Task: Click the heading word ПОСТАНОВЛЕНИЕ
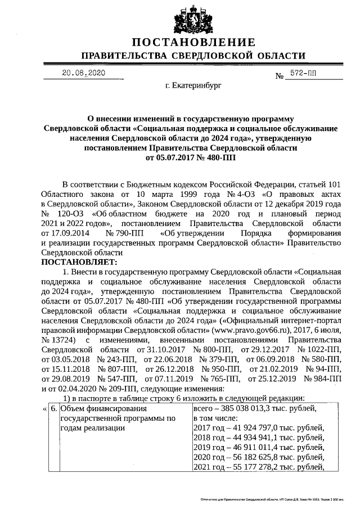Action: click(193, 43)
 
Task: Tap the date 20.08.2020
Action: click(83, 73)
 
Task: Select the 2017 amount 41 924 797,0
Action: click(254, 428)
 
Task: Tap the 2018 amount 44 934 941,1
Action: click(254, 438)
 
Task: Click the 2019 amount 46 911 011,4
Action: click(254, 447)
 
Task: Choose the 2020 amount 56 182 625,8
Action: click(254, 457)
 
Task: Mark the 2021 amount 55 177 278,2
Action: click(254, 466)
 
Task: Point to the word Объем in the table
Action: click(73, 409)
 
